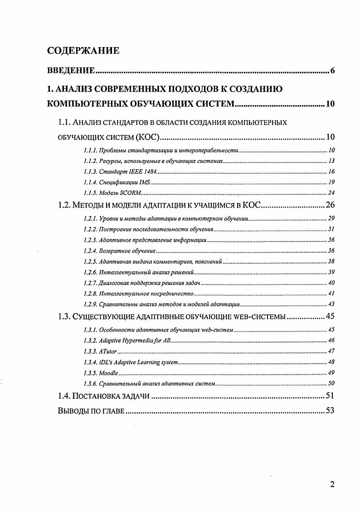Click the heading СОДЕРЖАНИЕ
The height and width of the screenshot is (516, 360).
coord(83,51)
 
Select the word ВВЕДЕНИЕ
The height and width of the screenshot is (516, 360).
coord(71,71)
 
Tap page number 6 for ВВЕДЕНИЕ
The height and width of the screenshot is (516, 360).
coord(332,71)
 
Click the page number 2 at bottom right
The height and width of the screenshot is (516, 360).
coord(332,485)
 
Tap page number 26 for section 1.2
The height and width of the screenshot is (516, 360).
coord(330,205)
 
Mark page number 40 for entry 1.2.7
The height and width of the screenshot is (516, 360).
coord(331,283)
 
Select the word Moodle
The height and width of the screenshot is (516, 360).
coord(108,373)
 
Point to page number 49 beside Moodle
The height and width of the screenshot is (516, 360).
coord(331,373)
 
